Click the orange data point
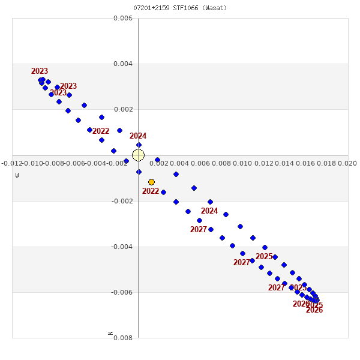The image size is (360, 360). click(151, 182)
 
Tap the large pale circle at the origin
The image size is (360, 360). click(138, 155)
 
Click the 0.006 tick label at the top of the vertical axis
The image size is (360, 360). click(123, 19)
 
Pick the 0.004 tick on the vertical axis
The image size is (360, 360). click(123, 64)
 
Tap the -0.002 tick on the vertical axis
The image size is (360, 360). click(122, 201)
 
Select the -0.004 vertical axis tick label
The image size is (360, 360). click(122, 247)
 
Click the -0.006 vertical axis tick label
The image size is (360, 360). click(122, 292)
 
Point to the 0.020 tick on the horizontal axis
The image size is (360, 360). click(347, 163)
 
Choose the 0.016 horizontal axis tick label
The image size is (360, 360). click(305, 163)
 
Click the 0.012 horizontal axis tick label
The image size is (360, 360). click(263, 163)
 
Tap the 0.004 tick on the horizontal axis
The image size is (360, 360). click(180, 163)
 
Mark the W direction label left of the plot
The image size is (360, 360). click(17, 175)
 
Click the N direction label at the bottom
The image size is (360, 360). click(110, 333)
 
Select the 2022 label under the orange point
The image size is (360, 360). click(151, 191)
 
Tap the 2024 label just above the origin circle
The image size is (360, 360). click(138, 136)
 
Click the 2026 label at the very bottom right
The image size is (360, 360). click(314, 310)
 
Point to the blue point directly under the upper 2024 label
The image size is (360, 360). click(139, 145)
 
